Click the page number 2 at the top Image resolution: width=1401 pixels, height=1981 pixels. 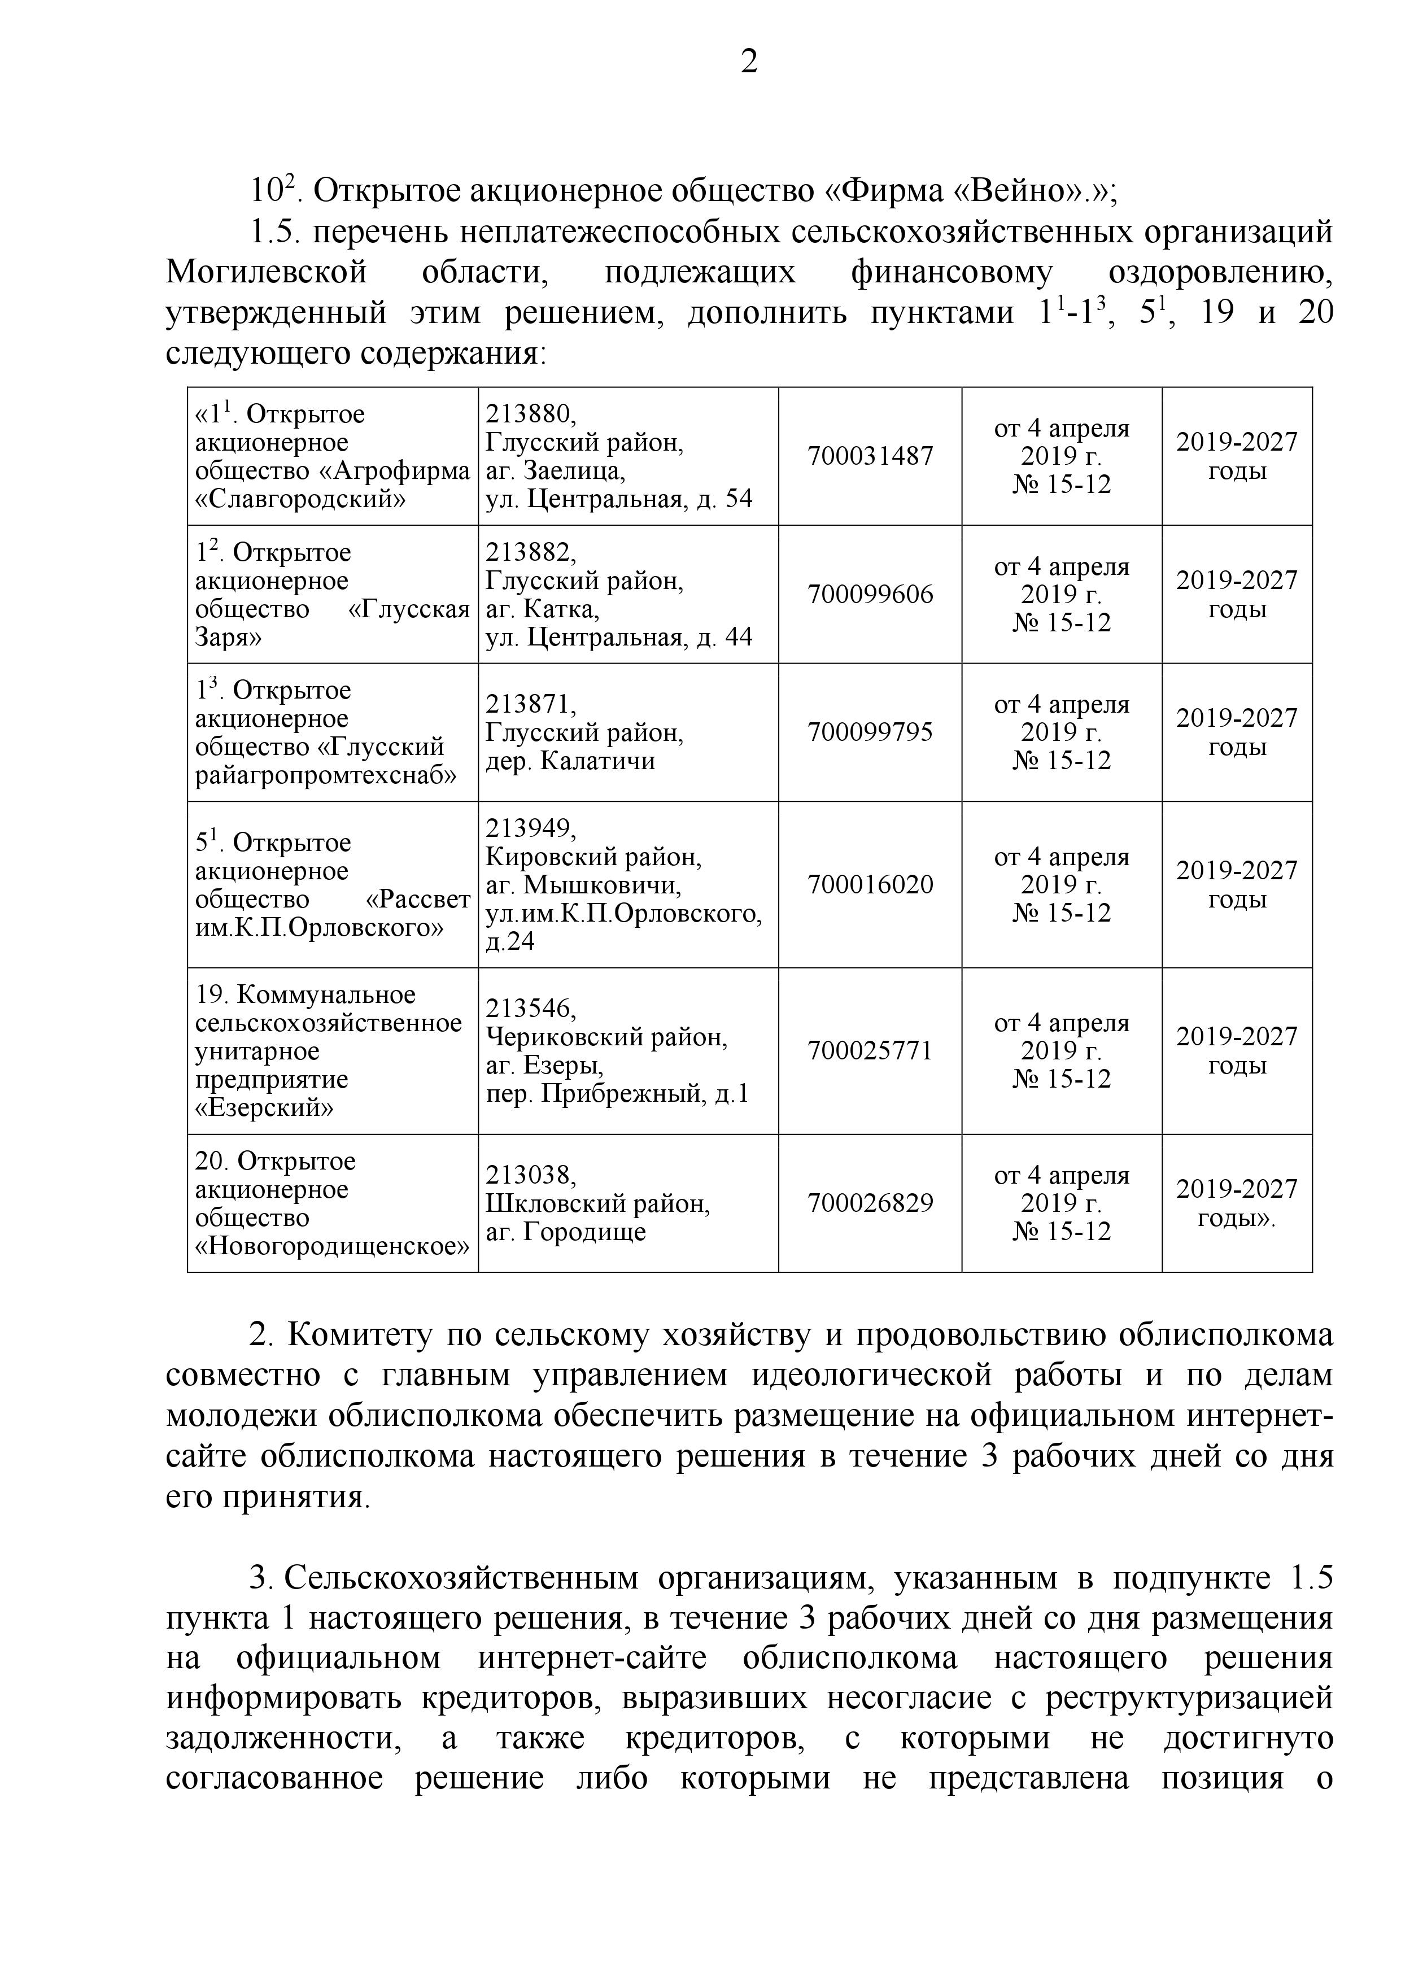tap(749, 62)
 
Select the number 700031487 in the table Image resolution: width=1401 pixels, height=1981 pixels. tap(870, 456)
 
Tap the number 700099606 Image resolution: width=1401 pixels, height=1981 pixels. tap(870, 595)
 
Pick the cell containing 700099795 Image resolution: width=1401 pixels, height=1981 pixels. tap(870, 732)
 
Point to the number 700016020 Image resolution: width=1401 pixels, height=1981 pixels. tap(870, 884)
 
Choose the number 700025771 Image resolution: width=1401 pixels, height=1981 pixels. tap(870, 1051)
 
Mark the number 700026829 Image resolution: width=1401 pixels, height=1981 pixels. tap(870, 1203)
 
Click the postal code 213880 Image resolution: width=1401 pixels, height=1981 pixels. tap(530, 415)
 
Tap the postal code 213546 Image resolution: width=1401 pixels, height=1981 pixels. tap(530, 1009)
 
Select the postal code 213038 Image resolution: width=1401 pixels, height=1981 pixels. tap(530, 1175)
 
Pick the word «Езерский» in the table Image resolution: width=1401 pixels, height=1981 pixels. tap(264, 1108)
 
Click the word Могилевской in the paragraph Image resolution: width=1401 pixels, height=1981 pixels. tap(266, 273)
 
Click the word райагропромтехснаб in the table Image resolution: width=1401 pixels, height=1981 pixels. tap(326, 775)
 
